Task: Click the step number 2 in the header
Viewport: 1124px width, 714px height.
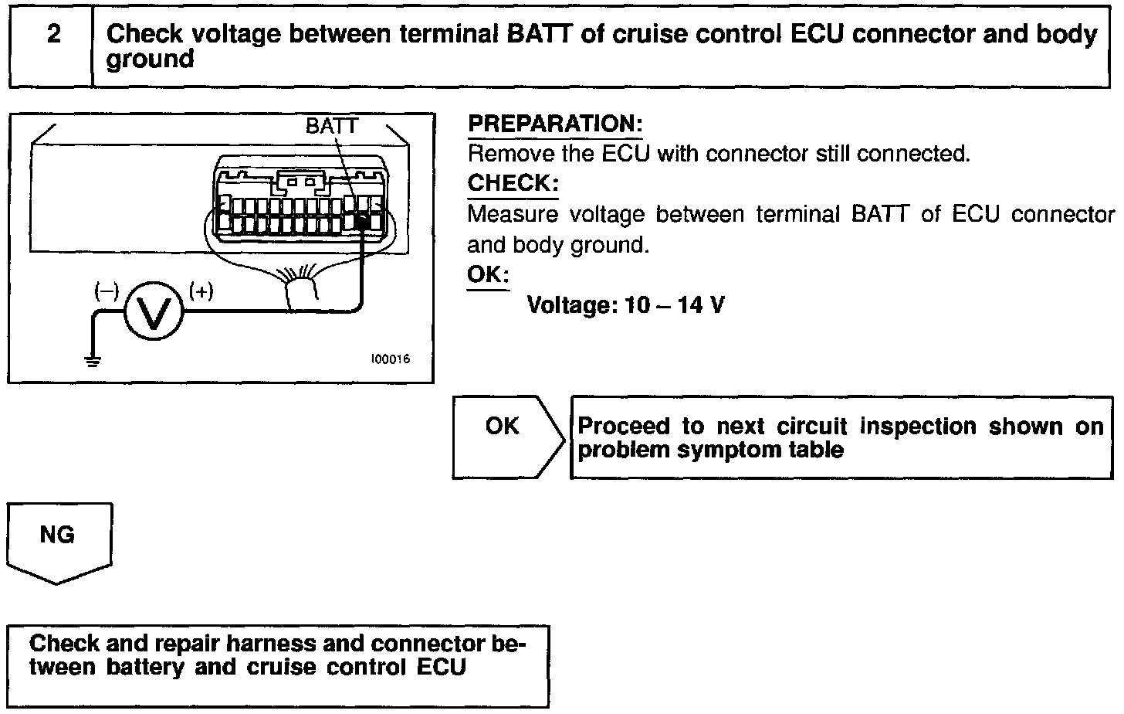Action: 53,35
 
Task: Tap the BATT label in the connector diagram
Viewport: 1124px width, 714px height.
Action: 332,126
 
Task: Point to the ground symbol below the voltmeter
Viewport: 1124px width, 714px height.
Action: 93,360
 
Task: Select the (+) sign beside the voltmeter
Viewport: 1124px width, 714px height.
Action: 201,291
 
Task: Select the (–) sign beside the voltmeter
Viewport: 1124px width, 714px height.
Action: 107,291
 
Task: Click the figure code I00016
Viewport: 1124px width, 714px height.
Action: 390,359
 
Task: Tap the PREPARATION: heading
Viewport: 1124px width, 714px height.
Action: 555,124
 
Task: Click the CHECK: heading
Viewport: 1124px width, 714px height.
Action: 513,183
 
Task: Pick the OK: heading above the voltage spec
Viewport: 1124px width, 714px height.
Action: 488,274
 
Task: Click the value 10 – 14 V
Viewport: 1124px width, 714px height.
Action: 675,305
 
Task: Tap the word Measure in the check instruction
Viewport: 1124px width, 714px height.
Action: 513,214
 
